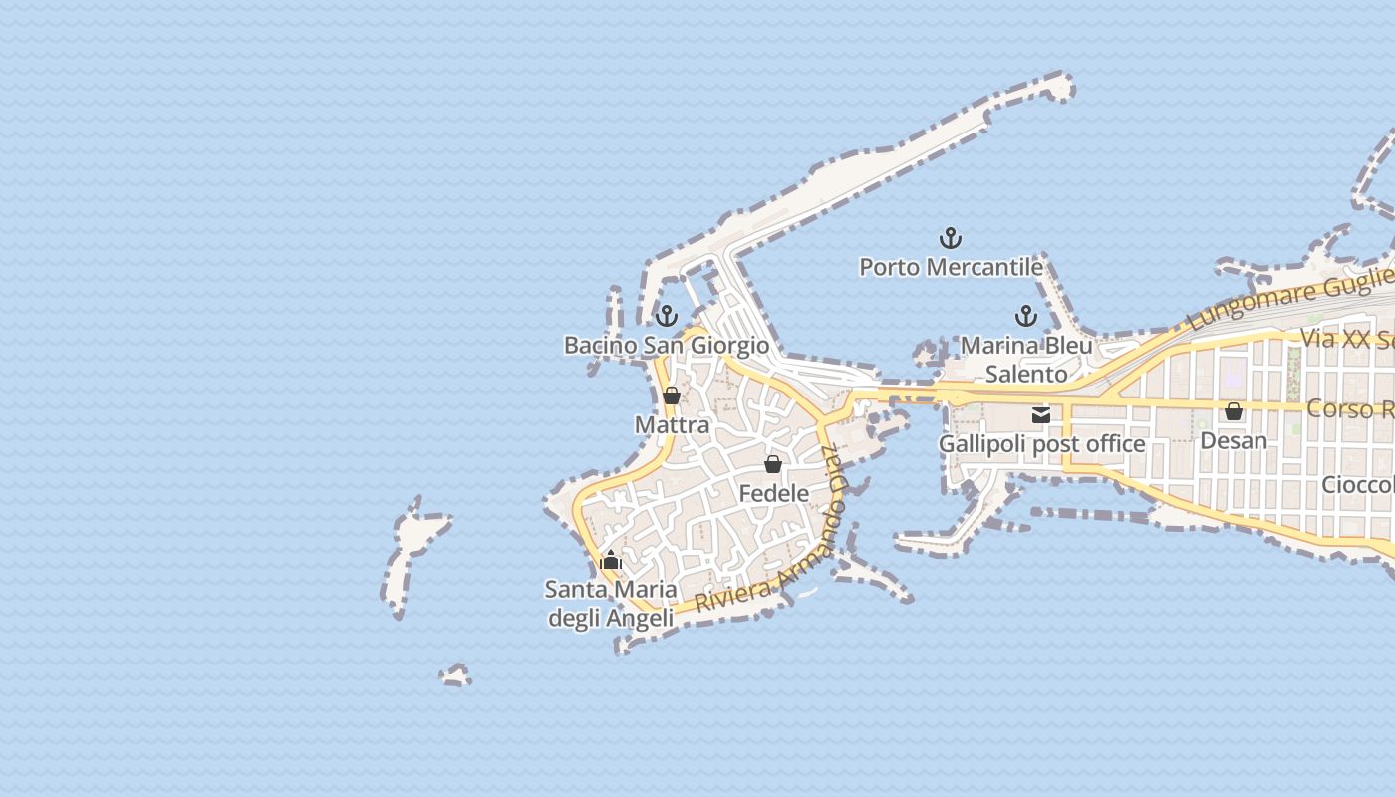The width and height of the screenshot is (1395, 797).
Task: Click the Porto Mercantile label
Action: pyautogui.click(x=951, y=267)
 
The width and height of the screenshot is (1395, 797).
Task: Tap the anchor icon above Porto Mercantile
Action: pyautogui.click(x=951, y=238)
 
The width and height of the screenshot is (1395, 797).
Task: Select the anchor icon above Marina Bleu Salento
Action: pyautogui.click(x=1025, y=317)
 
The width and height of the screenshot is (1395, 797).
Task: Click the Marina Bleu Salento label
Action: pyautogui.click(x=1026, y=360)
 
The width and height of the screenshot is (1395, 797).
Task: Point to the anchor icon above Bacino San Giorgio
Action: pyautogui.click(x=666, y=316)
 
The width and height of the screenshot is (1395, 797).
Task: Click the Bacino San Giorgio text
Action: pyautogui.click(x=666, y=345)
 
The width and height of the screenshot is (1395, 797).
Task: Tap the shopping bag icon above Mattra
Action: pyautogui.click(x=672, y=396)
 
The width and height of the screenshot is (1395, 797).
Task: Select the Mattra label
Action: pyautogui.click(x=672, y=425)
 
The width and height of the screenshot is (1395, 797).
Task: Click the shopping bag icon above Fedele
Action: pyautogui.click(x=773, y=464)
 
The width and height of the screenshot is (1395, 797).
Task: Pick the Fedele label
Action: pyautogui.click(x=773, y=493)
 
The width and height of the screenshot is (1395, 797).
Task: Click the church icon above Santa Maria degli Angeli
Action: pyautogui.click(x=611, y=561)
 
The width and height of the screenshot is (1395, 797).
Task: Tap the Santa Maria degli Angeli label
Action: pyautogui.click(x=611, y=604)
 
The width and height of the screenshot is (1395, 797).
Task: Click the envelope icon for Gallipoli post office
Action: pyautogui.click(x=1041, y=415)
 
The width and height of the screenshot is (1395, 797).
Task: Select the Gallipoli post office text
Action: pyautogui.click(x=1041, y=444)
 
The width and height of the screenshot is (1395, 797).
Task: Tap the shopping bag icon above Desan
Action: pyautogui.click(x=1234, y=411)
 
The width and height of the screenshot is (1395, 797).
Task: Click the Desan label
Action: pyautogui.click(x=1234, y=440)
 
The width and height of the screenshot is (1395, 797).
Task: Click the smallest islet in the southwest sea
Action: pyautogui.click(x=456, y=676)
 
